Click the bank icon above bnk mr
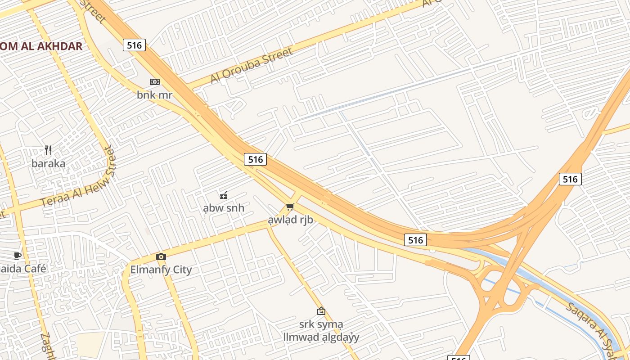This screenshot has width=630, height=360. [154, 82]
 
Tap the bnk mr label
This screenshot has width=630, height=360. [154, 95]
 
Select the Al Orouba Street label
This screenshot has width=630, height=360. [252, 65]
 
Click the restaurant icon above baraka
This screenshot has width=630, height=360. [48, 150]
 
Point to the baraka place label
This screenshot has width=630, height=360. [48, 163]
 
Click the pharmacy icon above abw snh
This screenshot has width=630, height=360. [223, 195]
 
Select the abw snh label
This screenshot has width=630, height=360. [224, 208]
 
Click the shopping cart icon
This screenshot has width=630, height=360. [290, 207]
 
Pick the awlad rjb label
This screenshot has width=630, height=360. [290, 220]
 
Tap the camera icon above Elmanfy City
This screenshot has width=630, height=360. [161, 256]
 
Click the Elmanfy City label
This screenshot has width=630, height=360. [161, 270]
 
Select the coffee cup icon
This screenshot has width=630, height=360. [17, 256]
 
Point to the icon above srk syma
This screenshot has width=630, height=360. [321, 311]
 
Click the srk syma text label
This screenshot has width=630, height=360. [321, 324]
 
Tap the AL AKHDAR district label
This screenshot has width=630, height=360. [41, 46]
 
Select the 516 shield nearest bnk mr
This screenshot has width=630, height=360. [134, 45]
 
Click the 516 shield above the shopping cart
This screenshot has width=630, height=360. [255, 159]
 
